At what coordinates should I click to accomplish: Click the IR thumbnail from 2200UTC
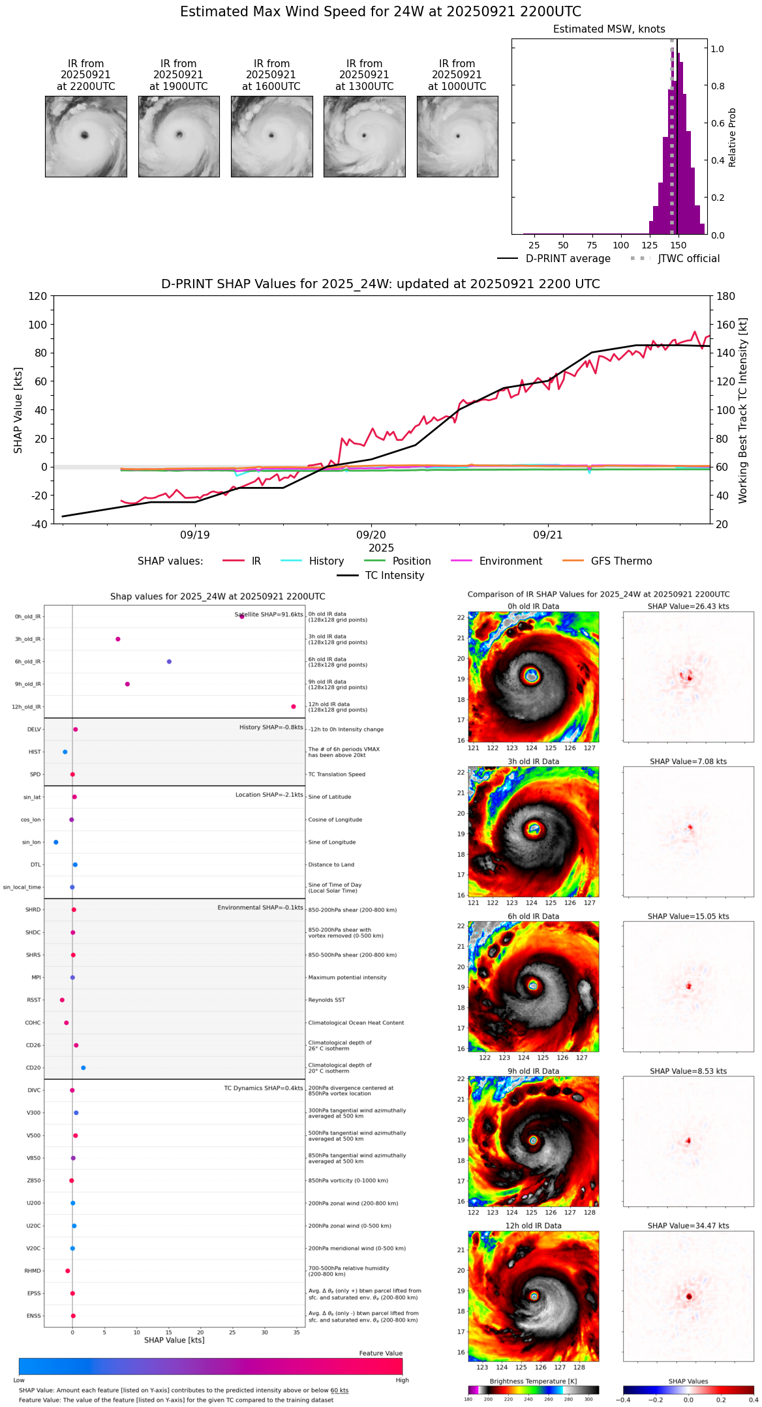coord(85,136)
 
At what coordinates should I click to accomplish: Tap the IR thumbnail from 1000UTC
coord(457,136)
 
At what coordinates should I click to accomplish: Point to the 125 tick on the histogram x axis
coord(650,246)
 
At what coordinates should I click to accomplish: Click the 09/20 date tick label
coord(371,535)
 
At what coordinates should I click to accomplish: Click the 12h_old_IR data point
coord(294,707)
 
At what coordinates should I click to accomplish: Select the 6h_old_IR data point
coord(169,662)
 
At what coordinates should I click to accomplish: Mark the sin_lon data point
coord(56,842)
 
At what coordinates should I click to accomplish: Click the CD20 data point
coord(84,1068)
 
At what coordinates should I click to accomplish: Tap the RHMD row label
coord(33,1271)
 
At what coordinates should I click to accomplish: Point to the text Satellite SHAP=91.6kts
coord(269,615)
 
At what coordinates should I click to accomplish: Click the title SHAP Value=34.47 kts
coord(688,1226)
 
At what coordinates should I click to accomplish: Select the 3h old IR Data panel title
coord(533,762)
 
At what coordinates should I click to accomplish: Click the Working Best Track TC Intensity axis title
coord(743,411)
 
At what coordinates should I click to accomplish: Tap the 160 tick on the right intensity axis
coord(726,325)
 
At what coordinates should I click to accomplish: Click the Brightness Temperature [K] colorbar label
coord(533,1381)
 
